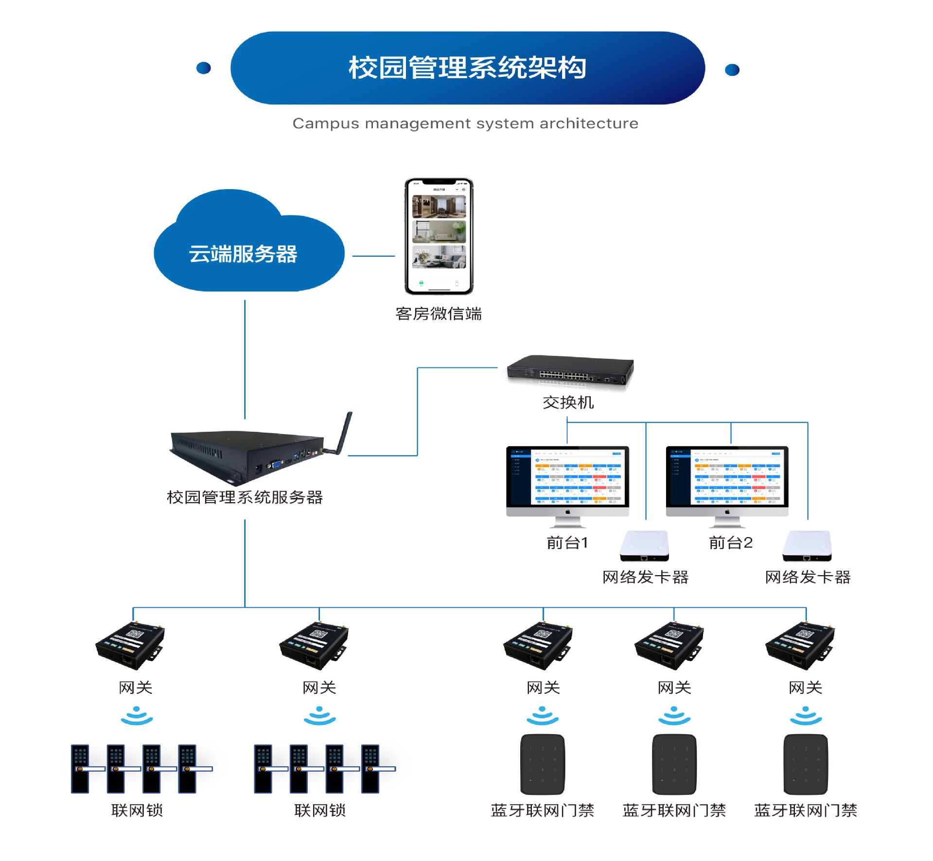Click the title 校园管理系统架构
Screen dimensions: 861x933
point(467,68)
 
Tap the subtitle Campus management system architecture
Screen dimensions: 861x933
point(465,123)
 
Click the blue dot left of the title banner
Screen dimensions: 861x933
point(203,68)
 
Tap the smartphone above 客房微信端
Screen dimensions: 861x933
point(439,236)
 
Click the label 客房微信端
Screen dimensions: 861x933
point(439,314)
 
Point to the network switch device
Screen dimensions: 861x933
point(570,371)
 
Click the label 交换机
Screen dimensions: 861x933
point(568,403)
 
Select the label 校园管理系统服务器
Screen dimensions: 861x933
point(245,497)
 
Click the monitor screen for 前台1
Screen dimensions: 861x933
point(567,476)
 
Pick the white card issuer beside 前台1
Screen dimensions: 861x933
point(644,546)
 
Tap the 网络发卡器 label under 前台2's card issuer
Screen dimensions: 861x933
point(808,578)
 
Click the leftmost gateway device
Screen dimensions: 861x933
point(130,645)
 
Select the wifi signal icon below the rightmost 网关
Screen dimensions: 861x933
point(806,716)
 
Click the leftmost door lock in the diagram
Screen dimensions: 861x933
point(81,769)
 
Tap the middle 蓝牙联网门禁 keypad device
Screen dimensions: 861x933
point(674,764)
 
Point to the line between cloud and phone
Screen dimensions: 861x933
point(373,256)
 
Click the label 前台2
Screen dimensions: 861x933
point(730,543)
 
